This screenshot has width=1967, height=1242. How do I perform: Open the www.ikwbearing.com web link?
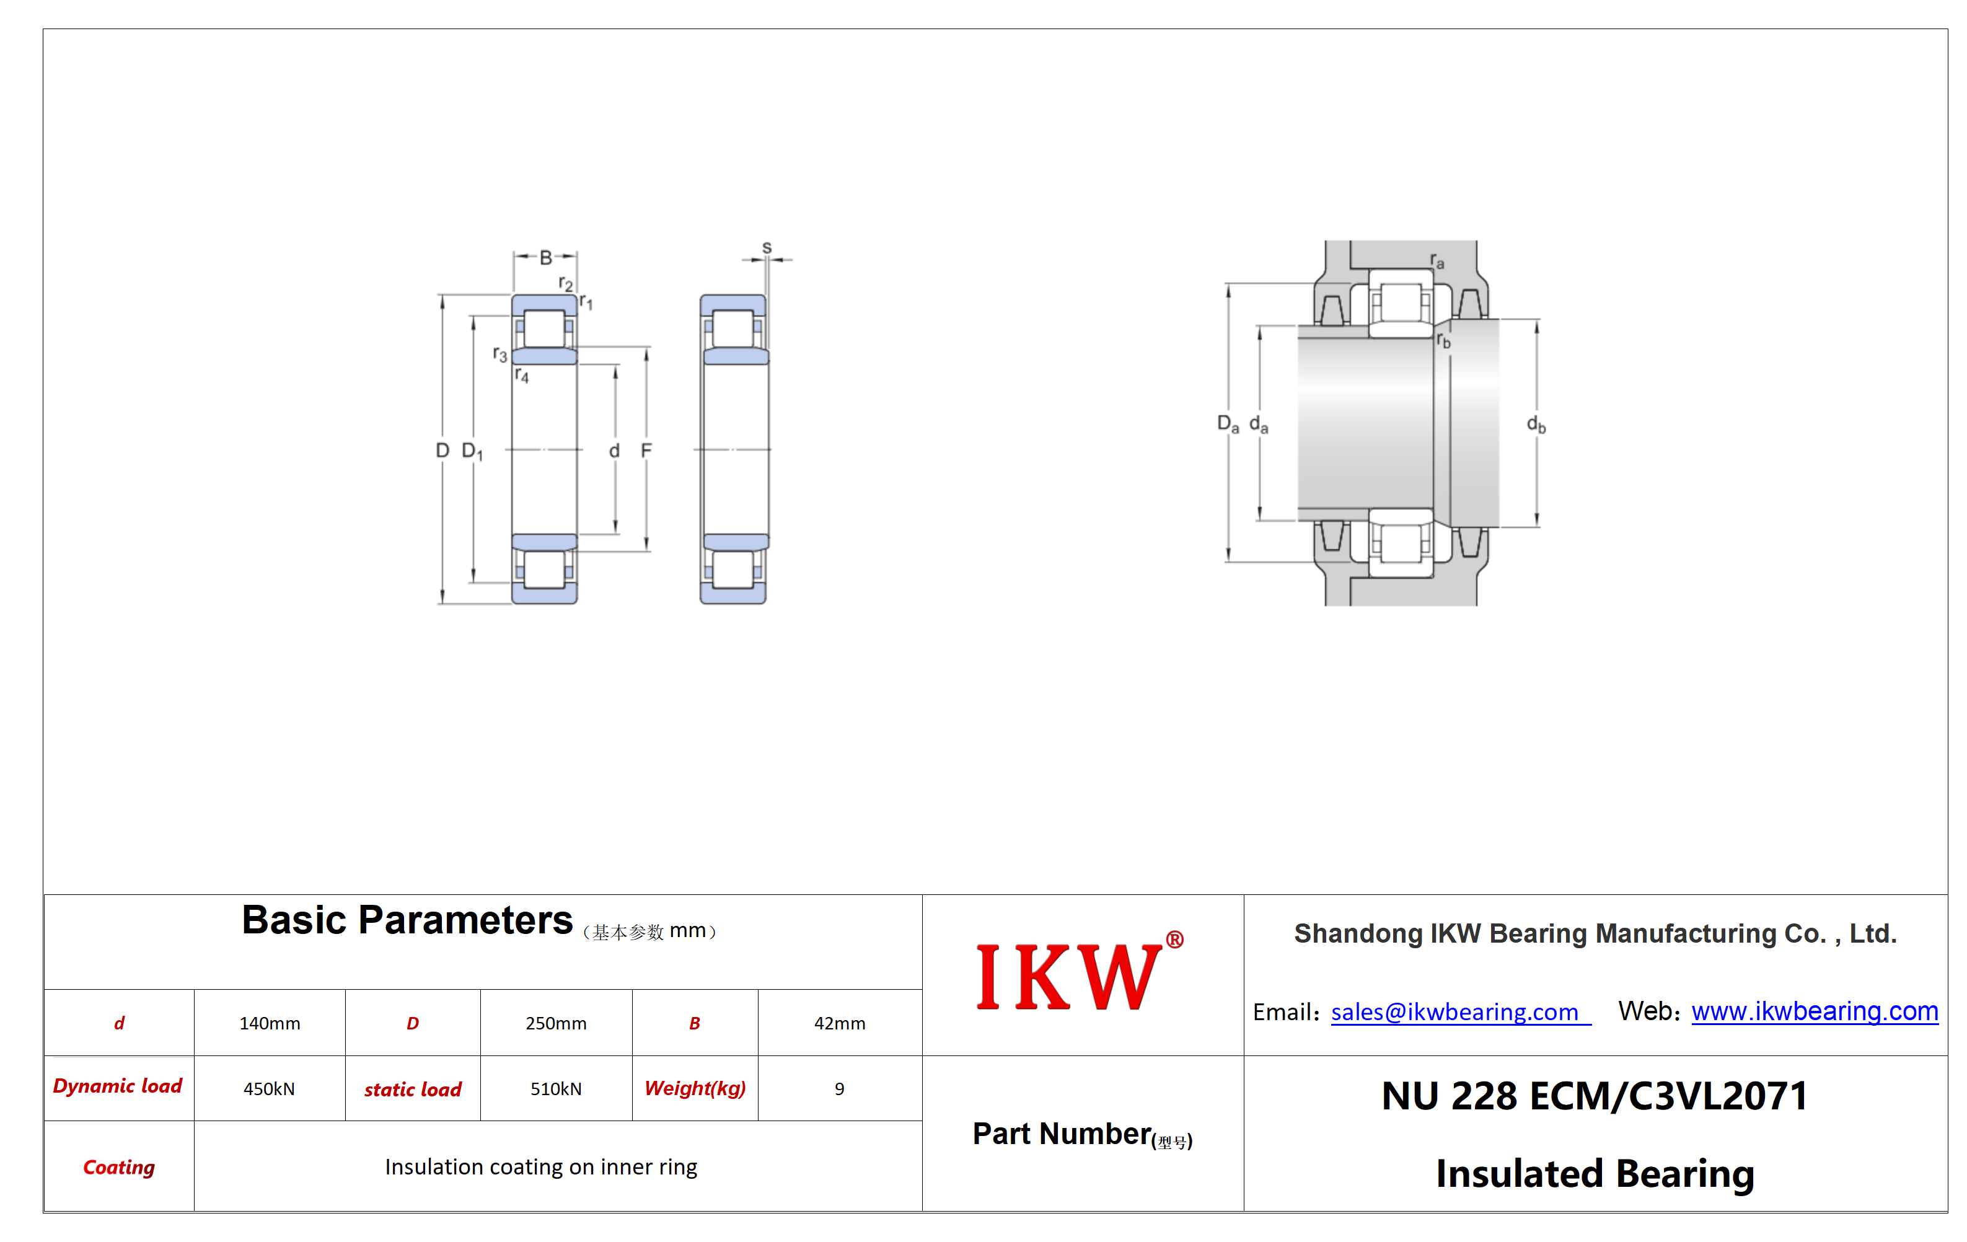tap(1815, 1011)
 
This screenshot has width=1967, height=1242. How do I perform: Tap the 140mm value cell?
tap(270, 1023)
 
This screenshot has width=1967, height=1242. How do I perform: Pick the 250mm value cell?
tap(555, 1023)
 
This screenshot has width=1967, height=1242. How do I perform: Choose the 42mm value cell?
tap(839, 1023)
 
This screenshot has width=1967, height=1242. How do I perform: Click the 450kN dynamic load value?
tap(269, 1088)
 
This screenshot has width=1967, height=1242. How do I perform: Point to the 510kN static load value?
tap(555, 1088)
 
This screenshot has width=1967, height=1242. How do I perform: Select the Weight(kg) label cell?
tap(695, 1088)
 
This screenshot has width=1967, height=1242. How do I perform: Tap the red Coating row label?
tap(118, 1167)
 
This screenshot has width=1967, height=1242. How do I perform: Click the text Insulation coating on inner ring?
tap(541, 1167)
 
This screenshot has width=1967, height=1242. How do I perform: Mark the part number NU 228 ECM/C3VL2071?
tap(1595, 1096)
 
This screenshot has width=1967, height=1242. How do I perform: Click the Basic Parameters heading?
tap(407, 920)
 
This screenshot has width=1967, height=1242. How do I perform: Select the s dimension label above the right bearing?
tap(766, 247)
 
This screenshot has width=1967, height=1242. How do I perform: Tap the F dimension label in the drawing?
tap(646, 450)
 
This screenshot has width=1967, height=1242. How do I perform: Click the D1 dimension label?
tap(472, 451)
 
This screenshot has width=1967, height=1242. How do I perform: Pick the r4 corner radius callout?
tap(521, 375)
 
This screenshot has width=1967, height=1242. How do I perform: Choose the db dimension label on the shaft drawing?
tap(1536, 424)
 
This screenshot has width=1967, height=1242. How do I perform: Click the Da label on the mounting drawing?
tap(1228, 423)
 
